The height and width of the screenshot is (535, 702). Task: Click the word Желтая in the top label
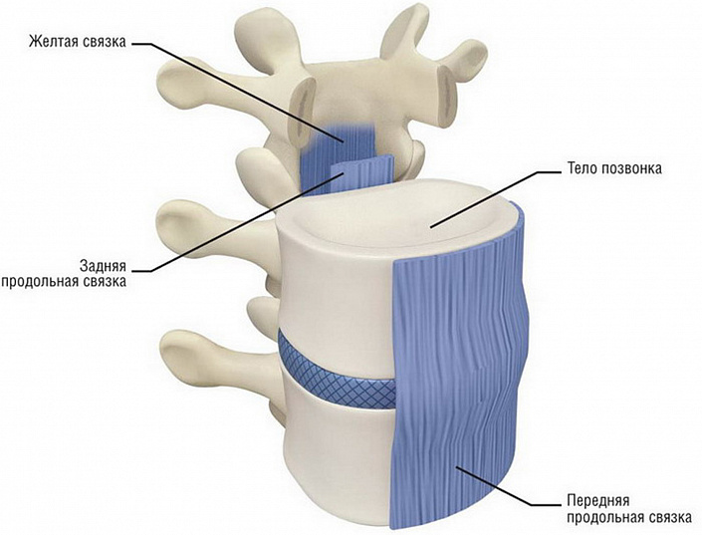(x=54, y=41)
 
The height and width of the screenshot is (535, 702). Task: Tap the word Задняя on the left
(x=103, y=265)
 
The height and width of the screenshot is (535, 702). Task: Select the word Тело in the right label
(x=583, y=168)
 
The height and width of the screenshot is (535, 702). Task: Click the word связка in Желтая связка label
(x=105, y=41)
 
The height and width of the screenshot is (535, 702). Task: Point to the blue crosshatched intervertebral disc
(x=336, y=373)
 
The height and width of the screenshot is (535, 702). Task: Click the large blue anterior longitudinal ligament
(x=459, y=368)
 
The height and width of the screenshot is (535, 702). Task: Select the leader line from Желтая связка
(x=237, y=93)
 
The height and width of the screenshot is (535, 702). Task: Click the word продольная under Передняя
(x=605, y=517)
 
